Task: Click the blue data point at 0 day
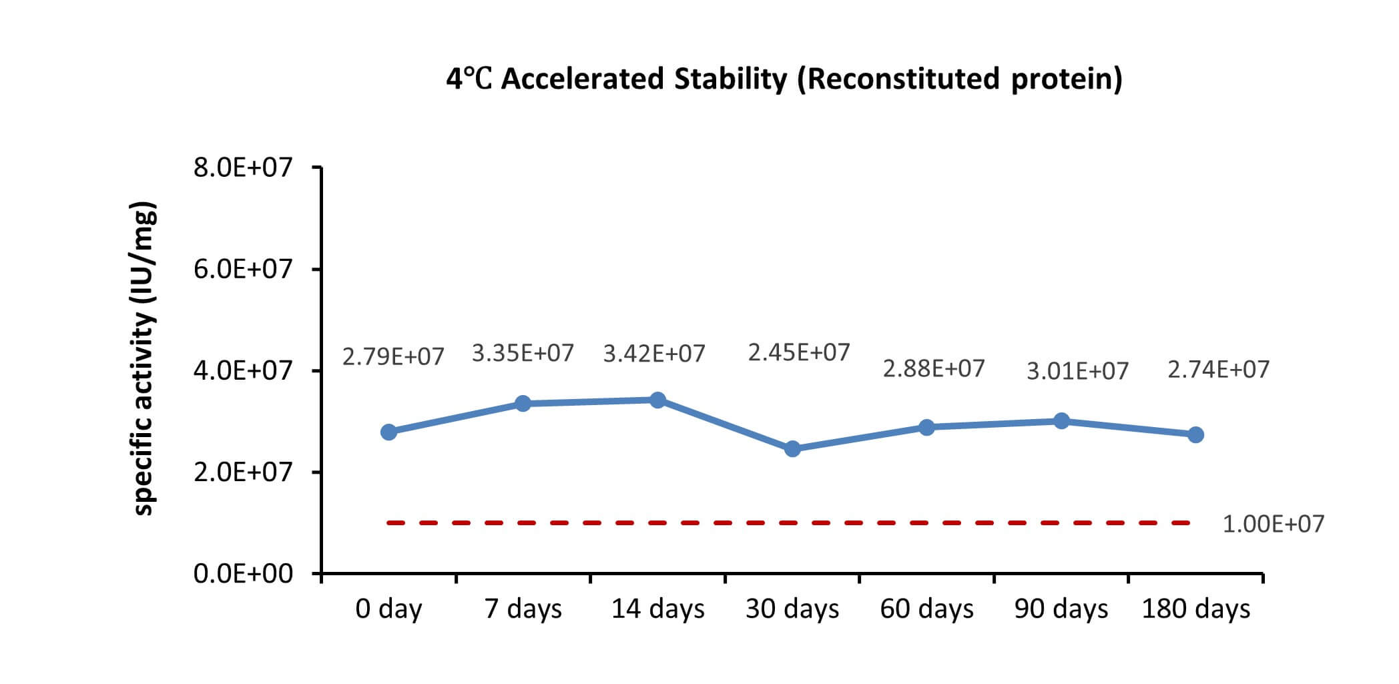[x=388, y=432]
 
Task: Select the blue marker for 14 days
[x=657, y=400]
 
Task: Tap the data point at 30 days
[x=792, y=448]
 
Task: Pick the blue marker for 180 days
[x=1195, y=434]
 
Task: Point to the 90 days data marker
[x=1061, y=420]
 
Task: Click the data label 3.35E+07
[x=523, y=353]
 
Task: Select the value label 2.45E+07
[x=799, y=352]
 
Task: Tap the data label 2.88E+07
[x=934, y=368]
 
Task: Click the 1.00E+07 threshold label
[x=1274, y=524]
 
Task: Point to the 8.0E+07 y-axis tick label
[x=243, y=167]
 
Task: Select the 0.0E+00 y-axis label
[x=243, y=573]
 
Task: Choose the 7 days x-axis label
[x=523, y=609]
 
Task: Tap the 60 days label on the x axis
[x=926, y=609]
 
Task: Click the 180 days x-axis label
[x=1195, y=609]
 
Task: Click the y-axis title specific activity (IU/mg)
[x=145, y=358]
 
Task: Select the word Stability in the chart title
[x=731, y=79]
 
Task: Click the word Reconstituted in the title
[x=900, y=79]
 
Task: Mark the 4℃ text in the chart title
[x=469, y=79]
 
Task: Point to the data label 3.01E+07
[x=1077, y=371]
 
